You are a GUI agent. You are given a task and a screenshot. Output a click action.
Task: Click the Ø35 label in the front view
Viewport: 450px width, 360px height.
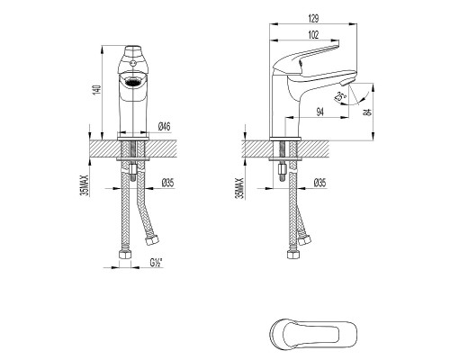(167, 184)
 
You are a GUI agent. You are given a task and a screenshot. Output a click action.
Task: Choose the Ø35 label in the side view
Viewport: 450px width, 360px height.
(319, 184)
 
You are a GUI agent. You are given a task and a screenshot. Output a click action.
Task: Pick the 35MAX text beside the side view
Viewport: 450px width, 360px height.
(239, 178)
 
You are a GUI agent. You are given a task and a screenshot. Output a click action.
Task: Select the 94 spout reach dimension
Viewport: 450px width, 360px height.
(319, 112)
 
